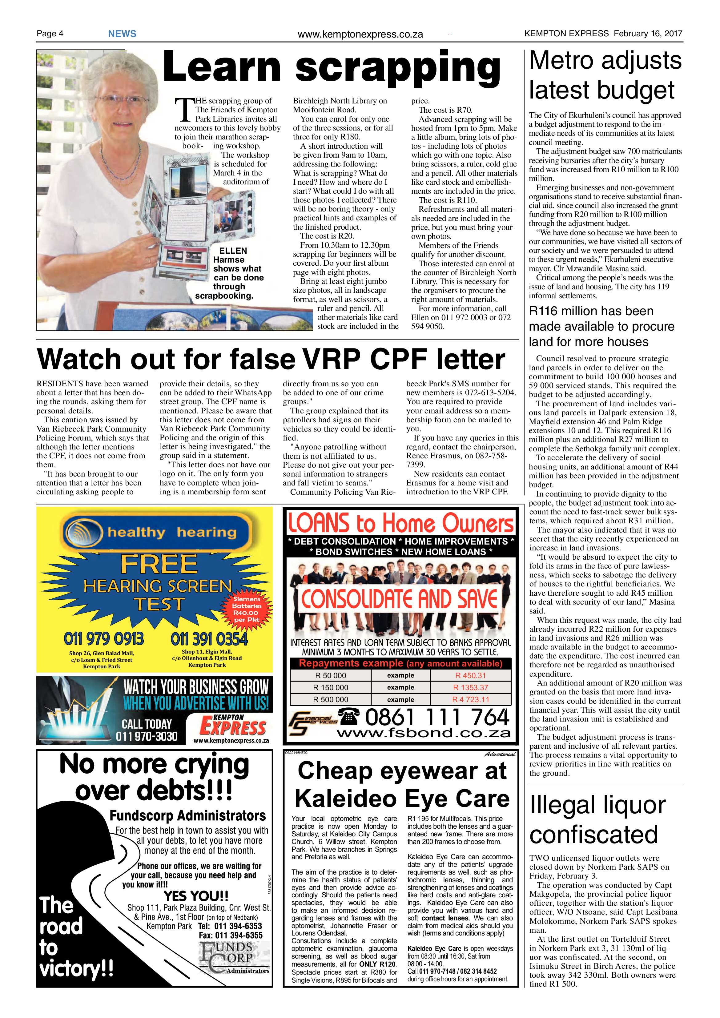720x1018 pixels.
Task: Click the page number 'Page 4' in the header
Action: (x=50, y=34)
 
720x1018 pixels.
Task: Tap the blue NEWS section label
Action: (x=122, y=34)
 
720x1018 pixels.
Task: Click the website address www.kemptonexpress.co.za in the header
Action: (x=360, y=34)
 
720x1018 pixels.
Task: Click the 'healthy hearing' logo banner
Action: (x=156, y=532)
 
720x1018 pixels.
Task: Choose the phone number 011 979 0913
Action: (x=104, y=639)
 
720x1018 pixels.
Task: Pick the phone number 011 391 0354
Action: (x=209, y=639)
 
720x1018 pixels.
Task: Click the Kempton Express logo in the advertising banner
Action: (x=232, y=726)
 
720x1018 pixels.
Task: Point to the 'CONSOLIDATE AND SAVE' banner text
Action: (x=399, y=598)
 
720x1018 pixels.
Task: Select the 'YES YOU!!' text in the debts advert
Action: (x=196, y=895)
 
